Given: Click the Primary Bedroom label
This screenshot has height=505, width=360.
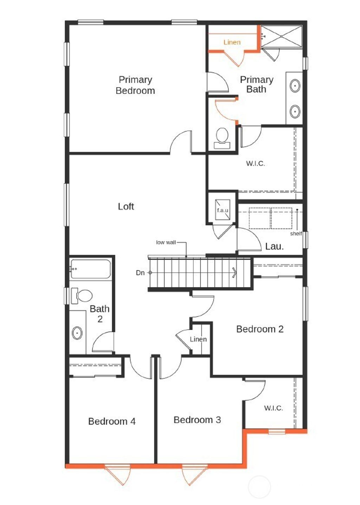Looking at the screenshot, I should point(135,85).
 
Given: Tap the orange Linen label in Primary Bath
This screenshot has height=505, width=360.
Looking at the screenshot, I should point(232,42).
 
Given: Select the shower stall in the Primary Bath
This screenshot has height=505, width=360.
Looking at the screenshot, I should point(282,36).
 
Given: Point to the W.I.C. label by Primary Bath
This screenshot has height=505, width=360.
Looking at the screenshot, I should point(255,163).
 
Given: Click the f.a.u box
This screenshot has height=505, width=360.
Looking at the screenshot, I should point(223,210).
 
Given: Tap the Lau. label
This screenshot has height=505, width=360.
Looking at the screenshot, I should point(274,246).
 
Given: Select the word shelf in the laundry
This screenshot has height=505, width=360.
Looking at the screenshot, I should point(296,234).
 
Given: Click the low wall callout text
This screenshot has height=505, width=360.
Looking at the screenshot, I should point(166,242).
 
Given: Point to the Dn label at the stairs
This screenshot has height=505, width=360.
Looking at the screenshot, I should point(140,273).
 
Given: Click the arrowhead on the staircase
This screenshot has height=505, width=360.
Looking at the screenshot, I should point(234,272).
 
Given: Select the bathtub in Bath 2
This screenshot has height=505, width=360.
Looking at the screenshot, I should point(91,269).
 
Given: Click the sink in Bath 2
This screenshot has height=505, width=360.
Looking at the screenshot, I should point(77,332).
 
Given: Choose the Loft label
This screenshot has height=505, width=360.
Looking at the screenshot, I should point(126,206).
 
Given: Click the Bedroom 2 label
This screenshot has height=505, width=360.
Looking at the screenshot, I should point(259,329).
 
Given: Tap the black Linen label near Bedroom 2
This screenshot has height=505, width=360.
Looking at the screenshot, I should point(198,339).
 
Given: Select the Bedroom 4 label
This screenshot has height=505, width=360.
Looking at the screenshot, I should point(112,421).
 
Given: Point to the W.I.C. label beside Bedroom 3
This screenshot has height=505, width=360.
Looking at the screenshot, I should point(273,408).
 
